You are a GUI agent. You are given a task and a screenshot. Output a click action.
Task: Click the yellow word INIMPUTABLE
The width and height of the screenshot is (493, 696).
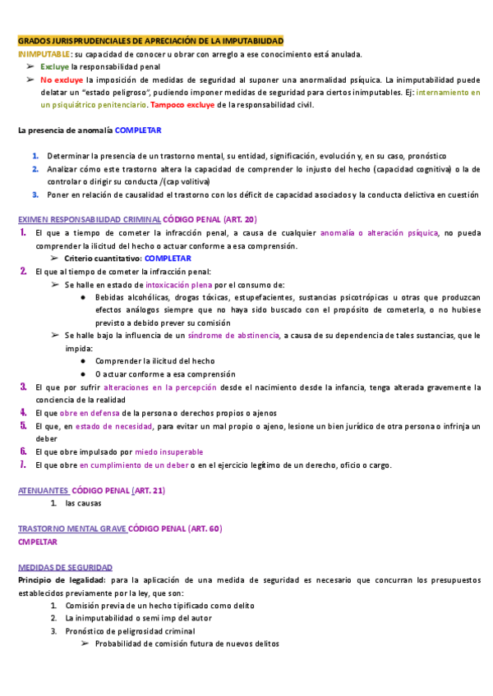[44, 54]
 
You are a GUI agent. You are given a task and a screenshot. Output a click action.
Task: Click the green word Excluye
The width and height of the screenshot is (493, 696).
[54, 66]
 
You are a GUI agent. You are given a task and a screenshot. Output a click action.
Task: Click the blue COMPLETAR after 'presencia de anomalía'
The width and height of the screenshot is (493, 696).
[138, 130]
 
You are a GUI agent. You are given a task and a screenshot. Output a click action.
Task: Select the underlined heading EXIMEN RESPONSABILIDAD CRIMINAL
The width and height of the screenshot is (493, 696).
[90, 220]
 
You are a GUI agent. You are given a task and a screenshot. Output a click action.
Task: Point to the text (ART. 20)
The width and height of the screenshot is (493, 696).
[239, 220]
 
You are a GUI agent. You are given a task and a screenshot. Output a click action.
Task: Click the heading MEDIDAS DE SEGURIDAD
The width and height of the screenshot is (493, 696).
[65, 567]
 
